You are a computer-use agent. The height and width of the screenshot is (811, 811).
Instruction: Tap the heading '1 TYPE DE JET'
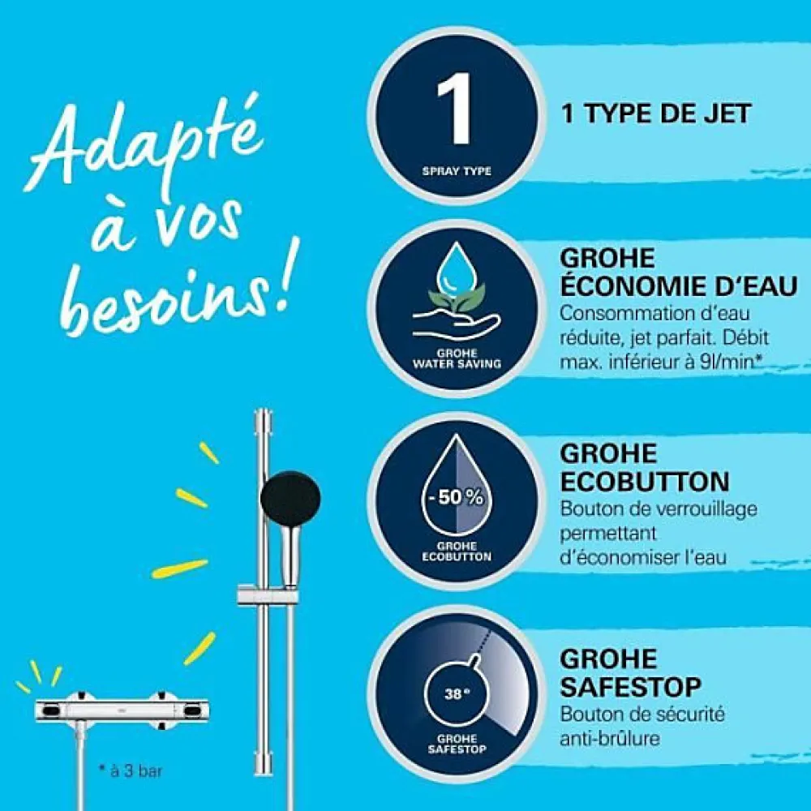pos(656,114)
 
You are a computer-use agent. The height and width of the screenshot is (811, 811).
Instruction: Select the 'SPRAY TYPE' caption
pos(456,171)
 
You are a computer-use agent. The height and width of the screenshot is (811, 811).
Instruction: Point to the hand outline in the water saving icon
pos(456,320)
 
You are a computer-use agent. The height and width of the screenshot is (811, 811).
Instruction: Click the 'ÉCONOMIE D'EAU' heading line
pos(679,286)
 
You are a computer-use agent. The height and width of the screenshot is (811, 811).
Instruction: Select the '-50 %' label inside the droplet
pos(456,498)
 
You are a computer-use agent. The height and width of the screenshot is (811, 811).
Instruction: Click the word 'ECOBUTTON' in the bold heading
pos(645,482)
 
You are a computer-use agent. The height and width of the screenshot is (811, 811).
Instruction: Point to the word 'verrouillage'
pos(706,509)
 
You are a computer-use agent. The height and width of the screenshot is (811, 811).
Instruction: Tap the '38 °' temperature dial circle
pos(456,693)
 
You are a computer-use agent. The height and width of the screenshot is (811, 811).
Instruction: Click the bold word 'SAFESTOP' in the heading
pos(630,688)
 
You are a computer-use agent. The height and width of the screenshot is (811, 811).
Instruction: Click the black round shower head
pos(290,499)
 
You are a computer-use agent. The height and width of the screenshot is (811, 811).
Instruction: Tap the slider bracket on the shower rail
pos(267,595)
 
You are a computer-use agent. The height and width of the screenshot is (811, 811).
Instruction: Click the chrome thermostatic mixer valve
pos(122,710)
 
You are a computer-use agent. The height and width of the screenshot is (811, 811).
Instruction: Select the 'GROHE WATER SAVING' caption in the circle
pos(457,358)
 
